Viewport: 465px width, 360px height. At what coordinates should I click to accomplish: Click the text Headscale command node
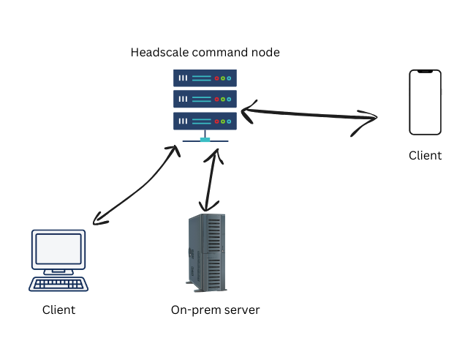click(205, 53)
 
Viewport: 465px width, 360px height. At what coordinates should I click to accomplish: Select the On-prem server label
click(215, 310)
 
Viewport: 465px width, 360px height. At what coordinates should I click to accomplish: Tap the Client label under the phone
click(425, 155)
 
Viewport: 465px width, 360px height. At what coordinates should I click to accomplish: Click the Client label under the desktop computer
click(58, 310)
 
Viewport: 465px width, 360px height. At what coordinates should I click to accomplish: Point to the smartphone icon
click(425, 102)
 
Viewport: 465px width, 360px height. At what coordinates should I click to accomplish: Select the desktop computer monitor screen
click(58, 250)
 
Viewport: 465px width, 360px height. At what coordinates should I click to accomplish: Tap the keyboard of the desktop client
click(58, 284)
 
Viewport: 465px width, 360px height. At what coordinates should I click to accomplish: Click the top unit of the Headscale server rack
click(205, 78)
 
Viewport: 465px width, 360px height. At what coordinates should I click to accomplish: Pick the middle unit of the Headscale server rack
click(205, 99)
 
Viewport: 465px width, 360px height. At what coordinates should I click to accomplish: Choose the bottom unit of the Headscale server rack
click(205, 120)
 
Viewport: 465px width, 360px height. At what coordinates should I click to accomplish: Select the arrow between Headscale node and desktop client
click(135, 186)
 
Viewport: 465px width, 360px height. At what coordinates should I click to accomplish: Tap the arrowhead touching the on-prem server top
click(208, 206)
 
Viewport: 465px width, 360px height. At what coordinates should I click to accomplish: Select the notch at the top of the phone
click(425, 72)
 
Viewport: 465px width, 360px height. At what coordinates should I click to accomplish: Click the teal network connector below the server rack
click(205, 139)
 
